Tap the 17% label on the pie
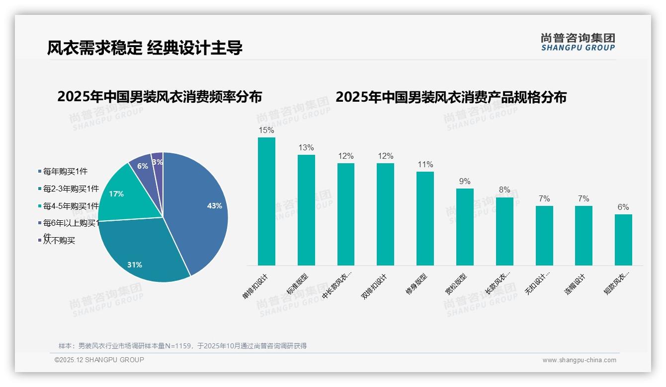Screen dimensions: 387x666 [x=116, y=194]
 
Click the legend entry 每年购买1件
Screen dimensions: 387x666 [x=65, y=171]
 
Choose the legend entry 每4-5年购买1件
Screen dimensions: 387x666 [x=70, y=206]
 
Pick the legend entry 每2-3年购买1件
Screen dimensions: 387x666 [x=70, y=189]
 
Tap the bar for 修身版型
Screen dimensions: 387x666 [x=425, y=218]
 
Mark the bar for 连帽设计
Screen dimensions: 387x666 [x=583, y=236]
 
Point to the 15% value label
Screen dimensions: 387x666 [x=266, y=130]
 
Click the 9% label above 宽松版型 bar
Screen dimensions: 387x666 [x=465, y=182]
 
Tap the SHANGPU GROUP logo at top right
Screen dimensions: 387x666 [x=578, y=42]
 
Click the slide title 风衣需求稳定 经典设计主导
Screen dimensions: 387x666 [x=145, y=48]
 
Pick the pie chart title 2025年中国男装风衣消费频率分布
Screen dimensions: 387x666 [x=160, y=97]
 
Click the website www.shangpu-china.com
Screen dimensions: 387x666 [x=579, y=360]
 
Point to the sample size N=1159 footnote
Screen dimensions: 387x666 [x=182, y=346]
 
